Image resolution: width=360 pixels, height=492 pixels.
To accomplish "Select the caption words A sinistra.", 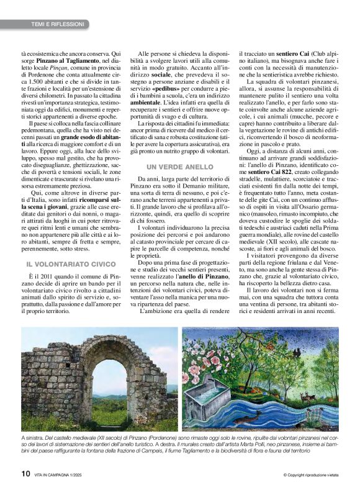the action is click(x=32, y=439).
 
